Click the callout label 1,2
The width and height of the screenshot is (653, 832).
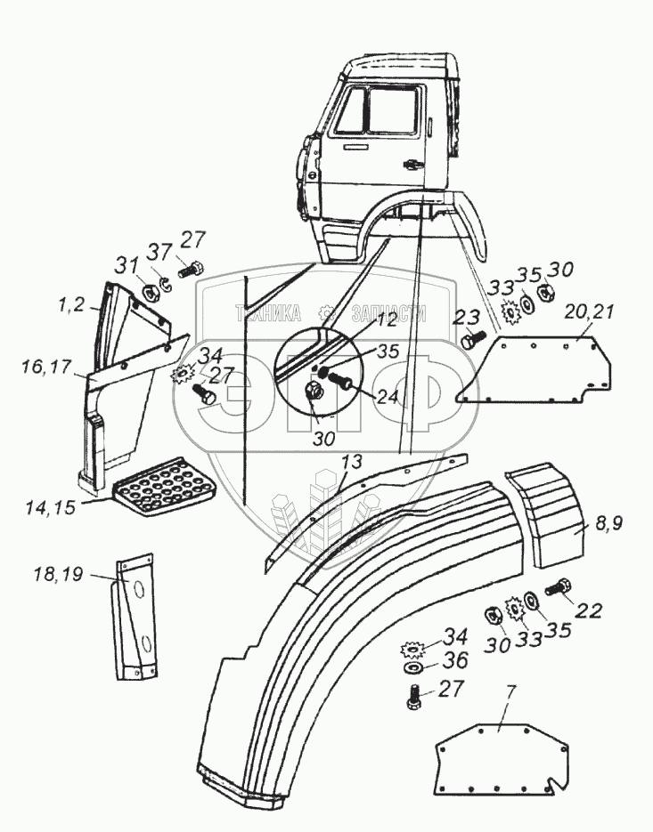pyautogui.click(x=71, y=305)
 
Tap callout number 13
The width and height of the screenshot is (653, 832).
pyautogui.click(x=352, y=462)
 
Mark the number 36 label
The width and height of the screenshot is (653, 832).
pyautogui.click(x=454, y=661)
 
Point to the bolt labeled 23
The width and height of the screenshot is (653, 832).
pyautogui.click(x=472, y=339)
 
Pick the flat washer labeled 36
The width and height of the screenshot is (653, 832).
pyautogui.click(x=414, y=666)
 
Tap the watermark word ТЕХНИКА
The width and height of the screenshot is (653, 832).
pyautogui.click(x=267, y=313)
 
